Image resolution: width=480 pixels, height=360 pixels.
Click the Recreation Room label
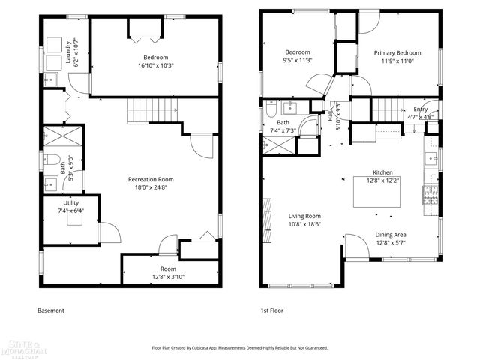[x=151, y=179]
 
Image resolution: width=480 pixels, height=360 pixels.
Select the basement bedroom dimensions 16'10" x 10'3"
[x=155, y=66]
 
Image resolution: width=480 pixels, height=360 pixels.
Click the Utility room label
[x=70, y=202]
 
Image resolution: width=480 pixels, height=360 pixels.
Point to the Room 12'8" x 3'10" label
[x=168, y=268]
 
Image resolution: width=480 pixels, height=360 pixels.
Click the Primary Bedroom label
[x=398, y=53]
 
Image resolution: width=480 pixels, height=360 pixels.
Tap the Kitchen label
[x=382, y=172]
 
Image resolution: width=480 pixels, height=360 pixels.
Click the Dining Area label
[x=391, y=235]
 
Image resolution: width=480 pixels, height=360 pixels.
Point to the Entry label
[x=420, y=109]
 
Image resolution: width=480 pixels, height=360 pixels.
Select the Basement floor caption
[x=51, y=310]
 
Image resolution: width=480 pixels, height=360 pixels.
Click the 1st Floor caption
[x=271, y=310]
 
